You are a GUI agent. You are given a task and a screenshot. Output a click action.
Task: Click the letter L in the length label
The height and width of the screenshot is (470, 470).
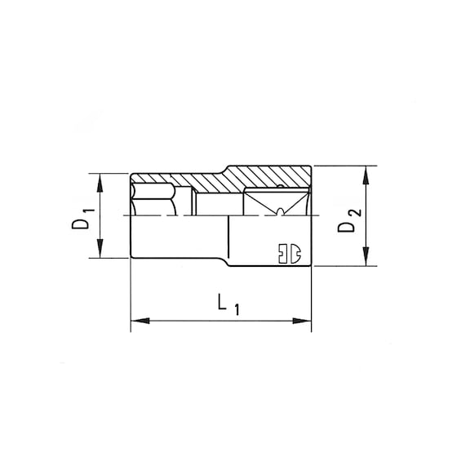point(221,304)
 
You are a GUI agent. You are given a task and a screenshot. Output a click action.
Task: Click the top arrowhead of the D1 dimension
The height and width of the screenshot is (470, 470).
point(100,180)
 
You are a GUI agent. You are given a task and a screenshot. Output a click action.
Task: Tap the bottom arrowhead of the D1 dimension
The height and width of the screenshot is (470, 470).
point(100,251)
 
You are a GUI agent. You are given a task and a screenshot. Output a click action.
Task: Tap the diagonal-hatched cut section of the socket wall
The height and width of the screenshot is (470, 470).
point(245,178)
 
